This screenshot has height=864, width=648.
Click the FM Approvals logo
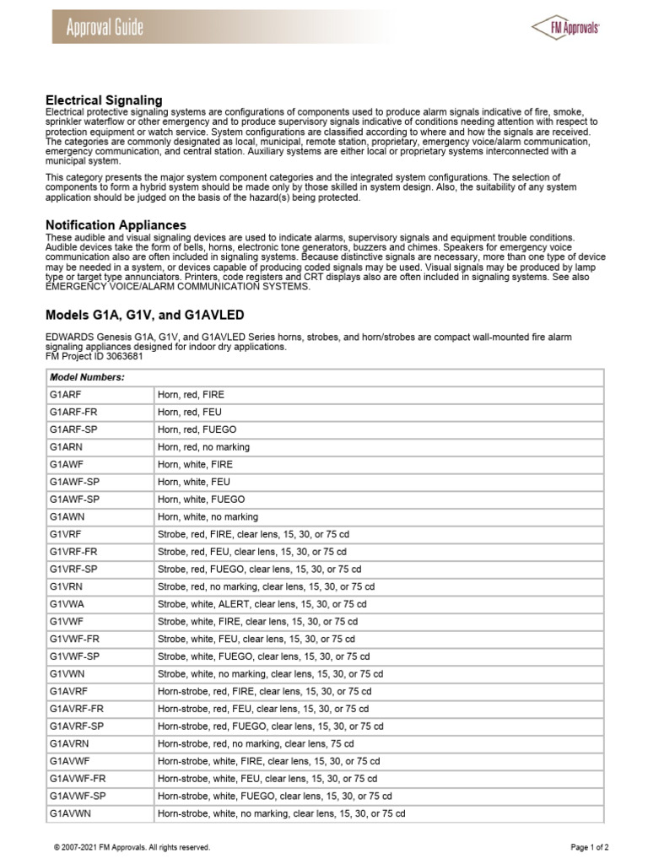coord(565,26)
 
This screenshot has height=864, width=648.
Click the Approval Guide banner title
coord(105,27)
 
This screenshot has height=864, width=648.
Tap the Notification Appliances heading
coord(116,225)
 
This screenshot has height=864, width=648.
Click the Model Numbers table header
coord(87,376)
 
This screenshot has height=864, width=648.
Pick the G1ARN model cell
coord(65,446)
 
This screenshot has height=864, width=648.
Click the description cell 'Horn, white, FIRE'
coord(195,464)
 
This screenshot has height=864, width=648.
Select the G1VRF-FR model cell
coord(73,552)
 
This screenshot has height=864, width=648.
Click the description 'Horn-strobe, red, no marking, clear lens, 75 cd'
coord(256,743)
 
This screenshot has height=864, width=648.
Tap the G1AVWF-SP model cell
coord(78,796)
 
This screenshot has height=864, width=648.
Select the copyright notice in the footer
coord(131,846)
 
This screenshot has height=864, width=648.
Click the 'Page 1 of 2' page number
coord(590,846)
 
